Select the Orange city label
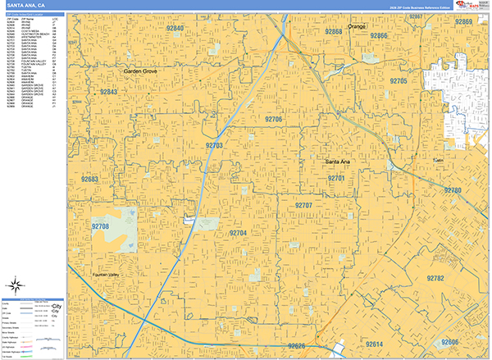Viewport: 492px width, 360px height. click(x=356, y=27)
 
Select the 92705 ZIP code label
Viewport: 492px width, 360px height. click(x=399, y=82)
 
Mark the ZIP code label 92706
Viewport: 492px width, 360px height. click(x=273, y=119)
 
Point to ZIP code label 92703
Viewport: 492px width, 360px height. click(x=213, y=146)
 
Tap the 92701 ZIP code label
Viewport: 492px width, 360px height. click(x=335, y=178)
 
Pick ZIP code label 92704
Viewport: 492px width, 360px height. click(x=238, y=234)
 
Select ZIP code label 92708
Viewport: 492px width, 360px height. click(x=100, y=226)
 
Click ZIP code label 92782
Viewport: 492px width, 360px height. click(x=435, y=279)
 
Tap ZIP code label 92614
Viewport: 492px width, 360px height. click(x=375, y=344)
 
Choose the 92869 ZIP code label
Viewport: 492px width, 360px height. click(x=464, y=22)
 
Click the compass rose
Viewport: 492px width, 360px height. click(x=14, y=286)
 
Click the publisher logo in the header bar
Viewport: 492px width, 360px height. click(x=473, y=6)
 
